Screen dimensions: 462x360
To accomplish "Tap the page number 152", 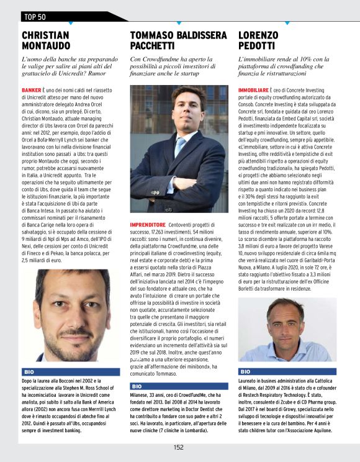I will coord(178,447).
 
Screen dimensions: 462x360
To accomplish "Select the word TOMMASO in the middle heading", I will coord(155,35).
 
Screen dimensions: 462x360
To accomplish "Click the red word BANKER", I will coord(32,90).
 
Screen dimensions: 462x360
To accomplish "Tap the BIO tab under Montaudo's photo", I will coord(29,371).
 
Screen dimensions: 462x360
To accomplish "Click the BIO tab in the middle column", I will coord(137,386).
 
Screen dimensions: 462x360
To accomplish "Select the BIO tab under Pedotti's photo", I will coord(245,371).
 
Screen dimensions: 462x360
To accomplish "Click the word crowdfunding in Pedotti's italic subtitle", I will coord(297,66).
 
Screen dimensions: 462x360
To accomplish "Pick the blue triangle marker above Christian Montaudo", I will coord(70,23).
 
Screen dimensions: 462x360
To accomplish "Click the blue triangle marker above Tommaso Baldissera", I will coord(179,23).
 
